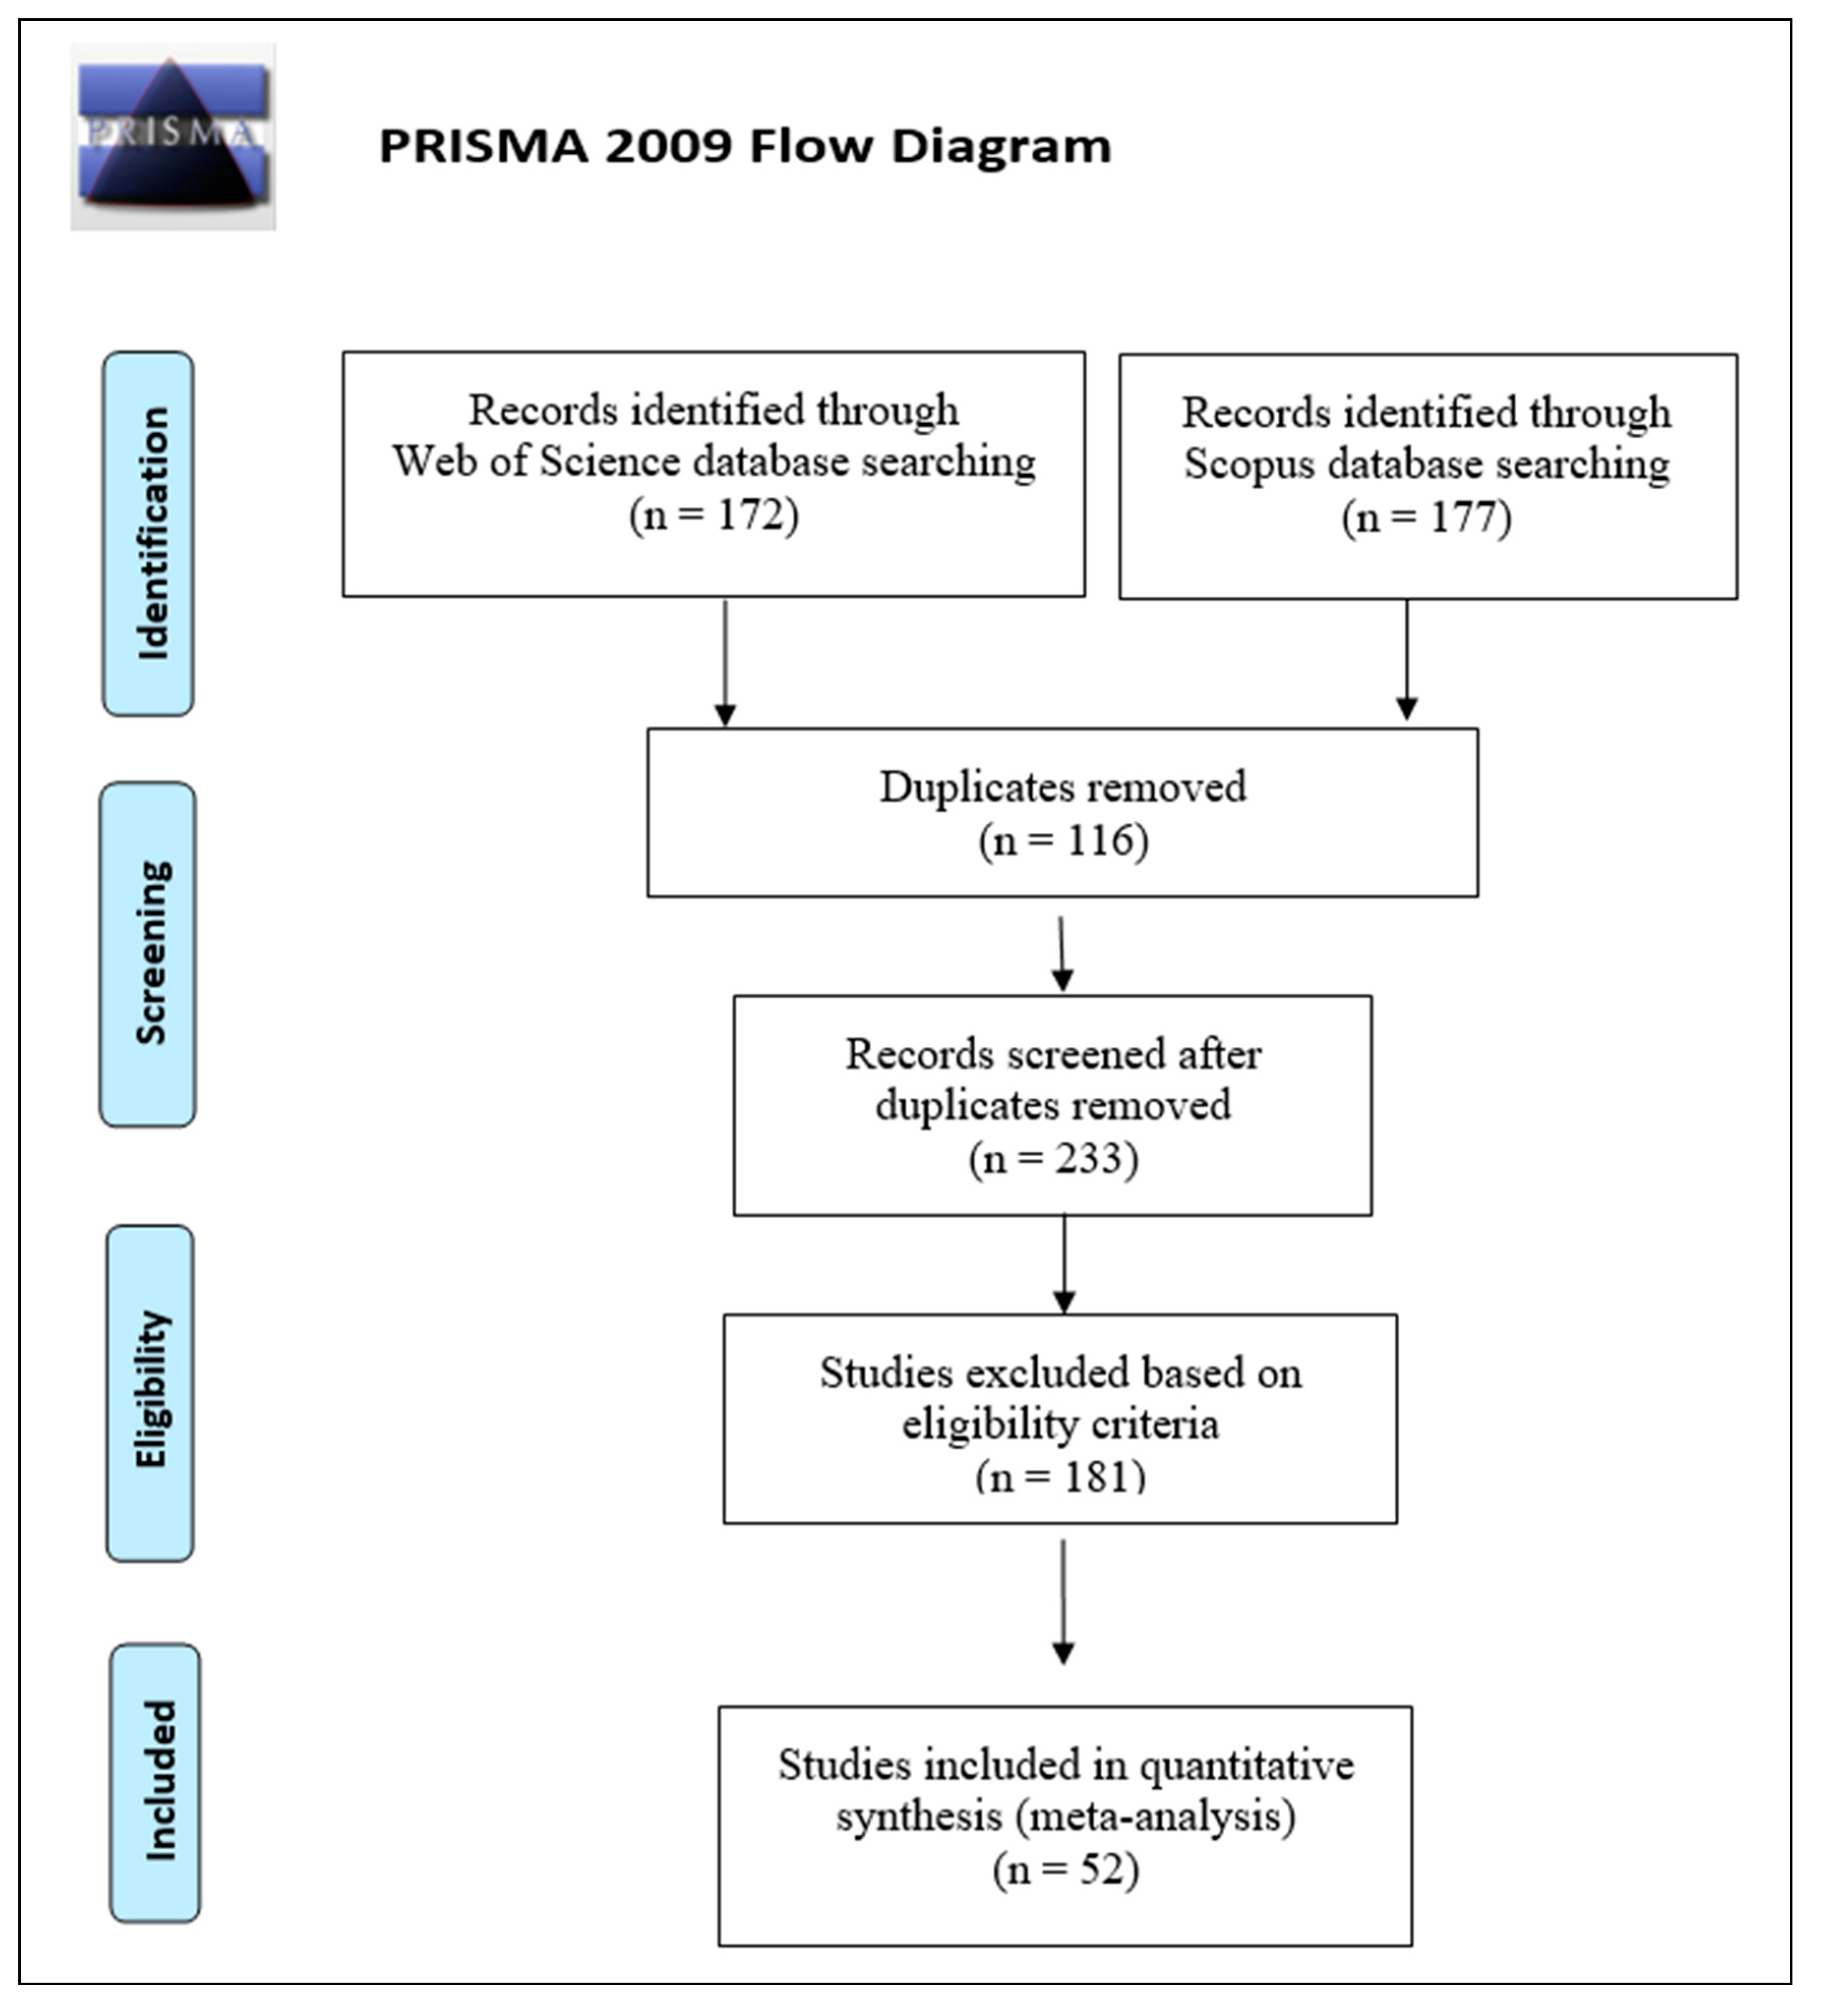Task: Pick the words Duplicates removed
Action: coord(1062,787)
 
